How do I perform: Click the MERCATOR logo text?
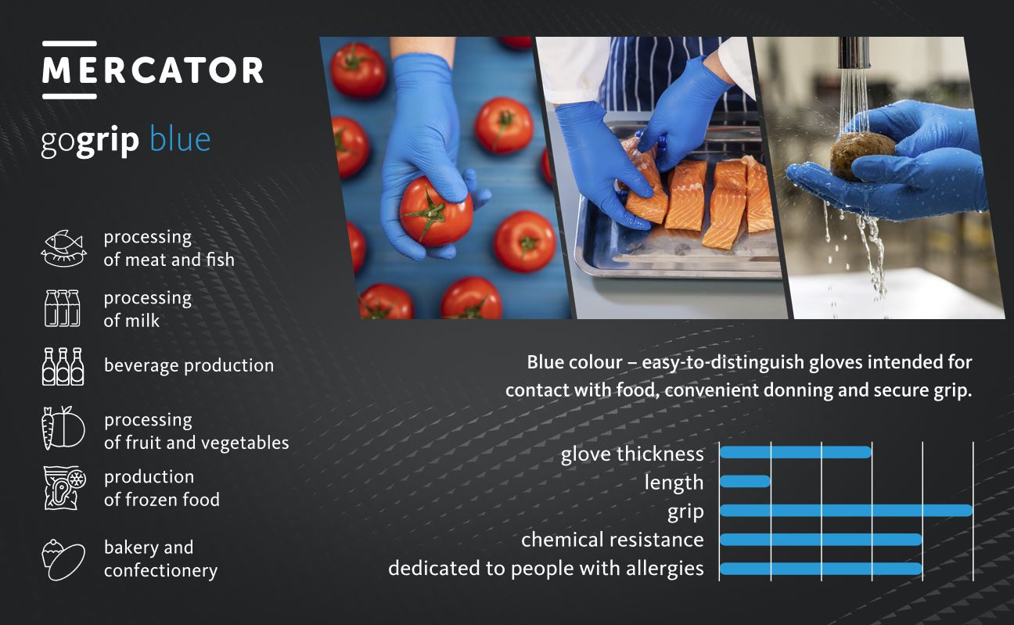[x=153, y=70]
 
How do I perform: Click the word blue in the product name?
[x=180, y=139]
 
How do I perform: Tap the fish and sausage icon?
[x=63, y=248]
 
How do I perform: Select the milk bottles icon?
[x=63, y=308]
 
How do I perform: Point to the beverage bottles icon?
[x=63, y=367]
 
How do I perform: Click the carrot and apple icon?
[x=63, y=428]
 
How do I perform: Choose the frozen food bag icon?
[x=65, y=488]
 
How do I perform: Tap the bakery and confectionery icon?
[x=63, y=560]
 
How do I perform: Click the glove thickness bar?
[x=796, y=452]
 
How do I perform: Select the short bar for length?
[x=745, y=481]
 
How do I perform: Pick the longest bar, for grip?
[x=846, y=511]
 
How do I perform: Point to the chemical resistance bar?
[x=821, y=540]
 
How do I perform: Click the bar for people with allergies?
[x=821, y=569]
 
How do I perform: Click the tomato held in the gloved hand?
[x=436, y=212]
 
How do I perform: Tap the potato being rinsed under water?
[x=862, y=156]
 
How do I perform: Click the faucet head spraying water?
[x=853, y=52]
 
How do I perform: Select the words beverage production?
[x=189, y=365]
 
